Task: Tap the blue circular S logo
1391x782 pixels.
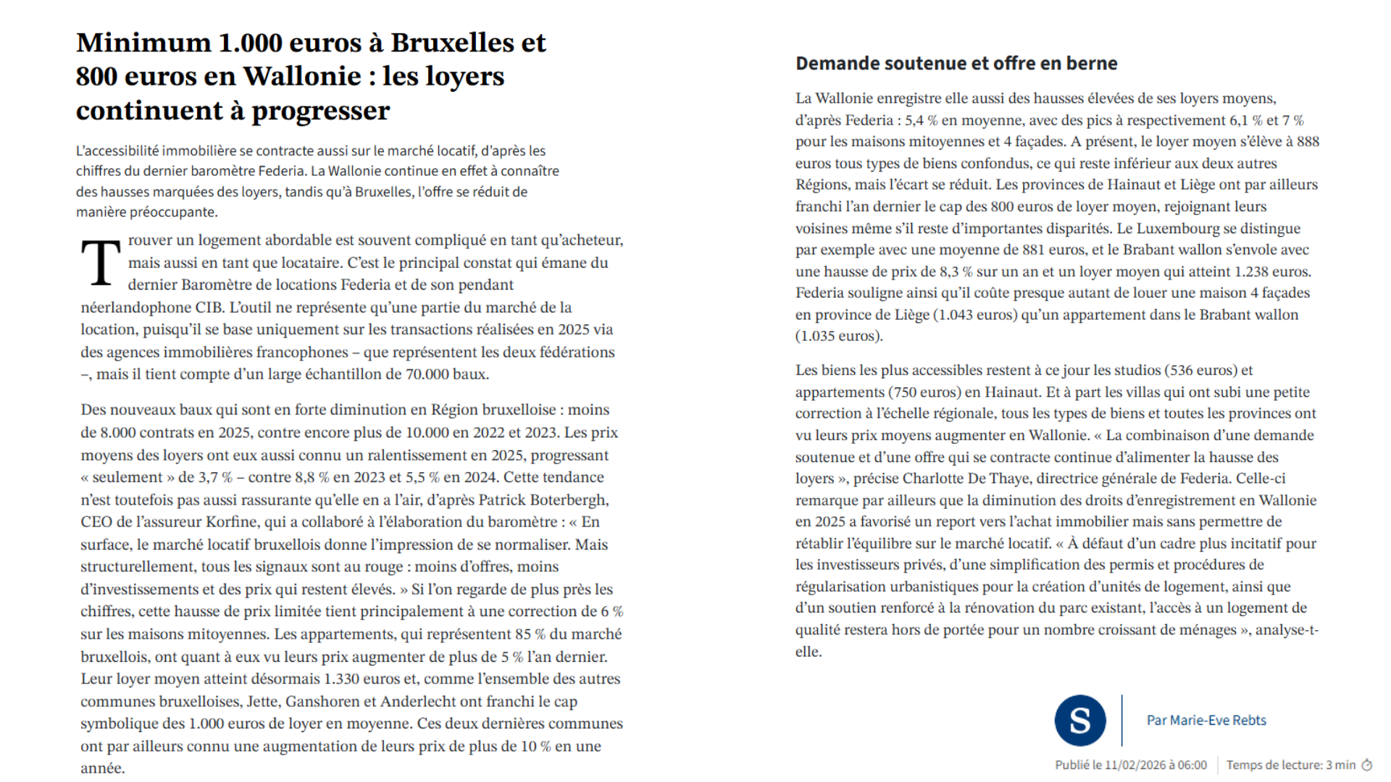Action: (x=1079, y=720)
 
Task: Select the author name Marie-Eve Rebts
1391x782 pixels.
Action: (x=1218, y=720)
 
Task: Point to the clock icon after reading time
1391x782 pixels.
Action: (x=1367, y=765)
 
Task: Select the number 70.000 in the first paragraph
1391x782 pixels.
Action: (x=427, y=374)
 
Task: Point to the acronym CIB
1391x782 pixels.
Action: (x=209, y=308)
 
